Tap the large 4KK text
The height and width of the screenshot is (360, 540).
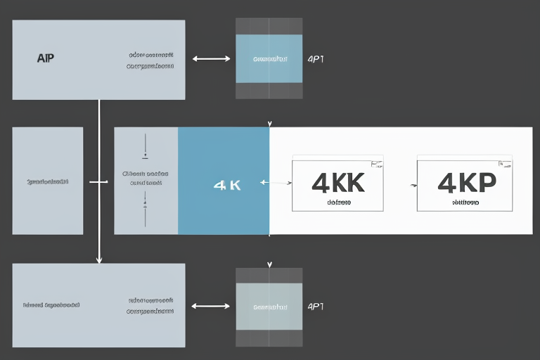337,183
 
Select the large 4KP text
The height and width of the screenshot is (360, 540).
466,183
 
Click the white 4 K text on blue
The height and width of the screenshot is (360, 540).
226,186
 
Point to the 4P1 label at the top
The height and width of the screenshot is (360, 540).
316,59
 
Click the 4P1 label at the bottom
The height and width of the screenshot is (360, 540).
316,307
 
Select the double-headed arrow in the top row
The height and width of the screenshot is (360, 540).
211,59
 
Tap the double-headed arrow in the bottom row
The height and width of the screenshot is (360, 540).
211,306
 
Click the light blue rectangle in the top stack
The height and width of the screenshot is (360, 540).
269,58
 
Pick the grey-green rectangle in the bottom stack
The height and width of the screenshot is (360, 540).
269,306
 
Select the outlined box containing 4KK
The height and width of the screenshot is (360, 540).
337,184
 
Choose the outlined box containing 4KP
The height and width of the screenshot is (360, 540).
464,184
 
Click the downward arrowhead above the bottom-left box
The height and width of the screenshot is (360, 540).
99,259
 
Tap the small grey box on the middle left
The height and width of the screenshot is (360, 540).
48,181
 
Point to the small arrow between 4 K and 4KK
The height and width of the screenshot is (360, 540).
276,183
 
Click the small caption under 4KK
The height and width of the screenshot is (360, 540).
339,202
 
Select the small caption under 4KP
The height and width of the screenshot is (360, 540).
465,202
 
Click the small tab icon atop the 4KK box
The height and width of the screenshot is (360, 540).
377,164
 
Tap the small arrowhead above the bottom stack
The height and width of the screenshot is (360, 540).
269,265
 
